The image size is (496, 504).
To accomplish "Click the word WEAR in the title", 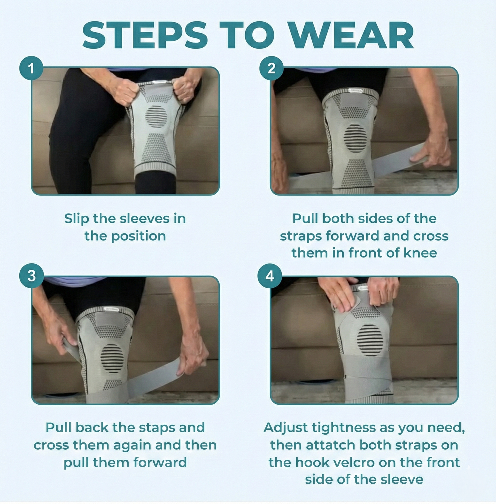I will [x=352, y=36].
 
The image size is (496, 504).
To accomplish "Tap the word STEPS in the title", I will [x=145, y=36].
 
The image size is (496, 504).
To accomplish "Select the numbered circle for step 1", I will [x=31, y=68].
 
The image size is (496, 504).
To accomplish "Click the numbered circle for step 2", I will [x=271, y=68].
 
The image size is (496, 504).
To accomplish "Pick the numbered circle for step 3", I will [x=31, y=276].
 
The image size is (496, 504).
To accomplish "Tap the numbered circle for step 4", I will [x=270, y=276].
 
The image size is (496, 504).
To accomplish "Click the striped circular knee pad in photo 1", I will [x=156, y=117].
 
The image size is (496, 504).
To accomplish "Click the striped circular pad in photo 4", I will [x=370, y=340].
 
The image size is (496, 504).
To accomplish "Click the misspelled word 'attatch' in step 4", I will [x=331, y=445].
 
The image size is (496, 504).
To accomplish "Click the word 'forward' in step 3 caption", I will [x=160, y=463].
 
